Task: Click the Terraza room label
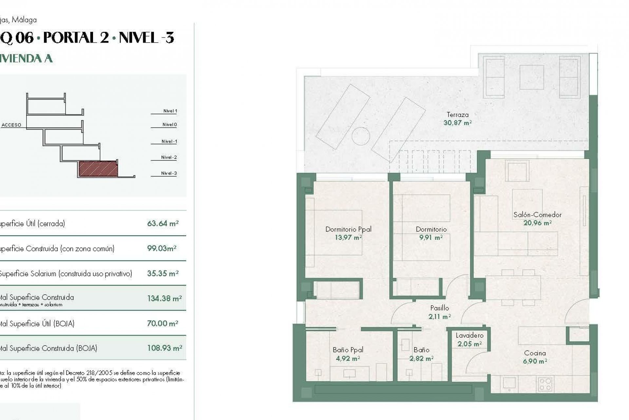pos(457,115)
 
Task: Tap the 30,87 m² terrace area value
pos(457,123)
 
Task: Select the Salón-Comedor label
pos(537,215)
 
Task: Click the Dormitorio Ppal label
pos(348,229)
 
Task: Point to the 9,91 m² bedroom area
pos(431,238)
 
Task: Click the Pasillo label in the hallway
pos(439,308)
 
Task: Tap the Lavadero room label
pos(469,336)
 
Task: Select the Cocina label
pos(535,353)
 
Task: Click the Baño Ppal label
pos(348,350)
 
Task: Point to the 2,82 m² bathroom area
pos(421,359)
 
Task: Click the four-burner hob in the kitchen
pos(545,384)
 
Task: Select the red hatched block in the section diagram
pos(98,168)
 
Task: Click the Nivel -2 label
pos(169,157)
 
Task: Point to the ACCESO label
pos(11,125)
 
